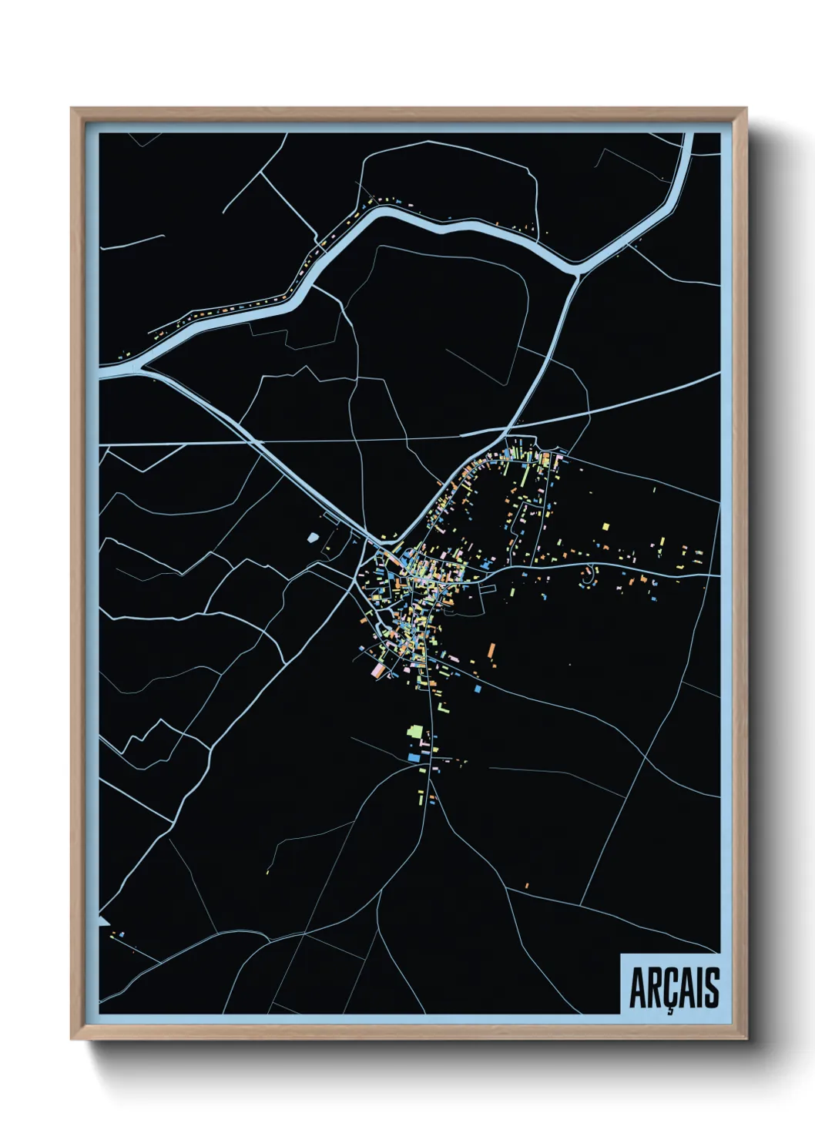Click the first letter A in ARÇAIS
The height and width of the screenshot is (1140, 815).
pyautogui.click(x=637, y=988)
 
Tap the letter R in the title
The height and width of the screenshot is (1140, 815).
pyautogui.click(x=654, y=988)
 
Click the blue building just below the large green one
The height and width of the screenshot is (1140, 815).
pyautogui.click(x=415, y=758)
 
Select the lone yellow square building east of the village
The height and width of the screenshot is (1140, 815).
pyautogui.click(x=605, y=527)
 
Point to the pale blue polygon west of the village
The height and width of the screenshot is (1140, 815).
pyautogui.click(x=313, y=537)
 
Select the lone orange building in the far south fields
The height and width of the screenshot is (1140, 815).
pyautogui.click(x=527, y=886)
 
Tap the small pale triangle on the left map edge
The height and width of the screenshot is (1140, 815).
pyautogui.click(x=103, y=921)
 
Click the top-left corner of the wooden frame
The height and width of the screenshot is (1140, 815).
pyautogui.click(x=72, y=109)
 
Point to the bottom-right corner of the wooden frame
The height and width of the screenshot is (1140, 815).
pyautogui.click(x=746, y=1039)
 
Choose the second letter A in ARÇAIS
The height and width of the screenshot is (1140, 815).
pyautogui.click(x=686, y=988)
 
